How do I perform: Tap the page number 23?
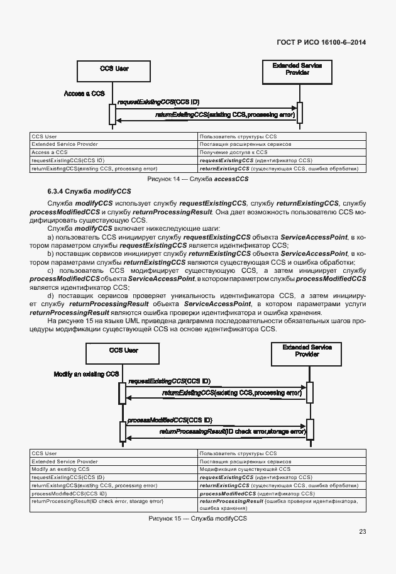click(362, 532)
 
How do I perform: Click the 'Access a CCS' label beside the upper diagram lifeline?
click(84, 94)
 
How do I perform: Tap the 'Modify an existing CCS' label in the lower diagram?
click(86, 374)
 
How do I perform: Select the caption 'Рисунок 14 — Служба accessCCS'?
click(197, 179)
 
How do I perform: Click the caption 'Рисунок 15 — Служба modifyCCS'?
click(197, 519)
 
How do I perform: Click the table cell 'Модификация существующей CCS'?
click(245, 469)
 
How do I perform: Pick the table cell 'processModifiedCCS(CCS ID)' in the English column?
click(69, 494)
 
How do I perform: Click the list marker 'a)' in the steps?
click(51, 237)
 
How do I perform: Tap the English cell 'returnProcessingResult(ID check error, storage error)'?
click(97, 502)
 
